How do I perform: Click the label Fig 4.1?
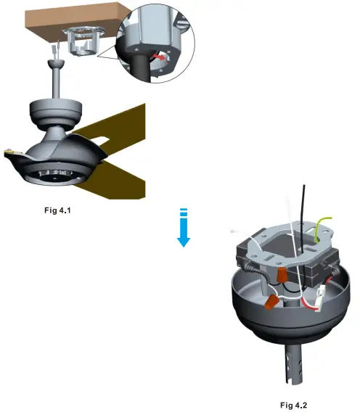coord(57,210)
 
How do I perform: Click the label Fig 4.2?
coord(293,405)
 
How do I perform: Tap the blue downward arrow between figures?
coord(184,228)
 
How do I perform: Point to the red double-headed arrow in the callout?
coord(159,57)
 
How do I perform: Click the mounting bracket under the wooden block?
coord(83,41)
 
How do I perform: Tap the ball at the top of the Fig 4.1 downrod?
coord(56,65)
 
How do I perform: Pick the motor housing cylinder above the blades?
coord(55,112)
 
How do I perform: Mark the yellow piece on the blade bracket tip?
coord(10,152)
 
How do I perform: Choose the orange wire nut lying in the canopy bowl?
coord(271,301)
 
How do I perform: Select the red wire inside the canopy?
coord(308,304)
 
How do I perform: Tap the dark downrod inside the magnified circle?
coord(139,67)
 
